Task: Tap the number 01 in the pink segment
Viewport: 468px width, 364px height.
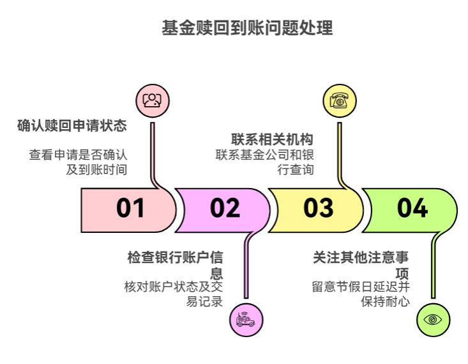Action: coord(131,209)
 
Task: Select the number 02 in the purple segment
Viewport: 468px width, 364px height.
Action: coord(225,209)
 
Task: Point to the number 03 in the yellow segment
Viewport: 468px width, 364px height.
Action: coord(318,209)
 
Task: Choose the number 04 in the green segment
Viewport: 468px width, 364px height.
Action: coord(412,209)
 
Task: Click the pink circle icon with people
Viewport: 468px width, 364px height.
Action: coord(153,100)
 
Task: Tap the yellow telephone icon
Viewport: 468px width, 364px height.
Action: coord(339,100)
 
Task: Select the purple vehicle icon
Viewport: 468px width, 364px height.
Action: coord(246,319)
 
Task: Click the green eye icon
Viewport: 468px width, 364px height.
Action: coord(433,319)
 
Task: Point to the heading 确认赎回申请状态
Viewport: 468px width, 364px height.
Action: coord(72,125)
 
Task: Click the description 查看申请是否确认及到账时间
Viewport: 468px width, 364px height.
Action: coord(79,162)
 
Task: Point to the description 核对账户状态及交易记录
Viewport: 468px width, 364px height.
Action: coord(174,293)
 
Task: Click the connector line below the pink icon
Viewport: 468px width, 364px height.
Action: coord(153,147)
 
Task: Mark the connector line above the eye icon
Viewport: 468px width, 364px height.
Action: coord(433,269)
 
